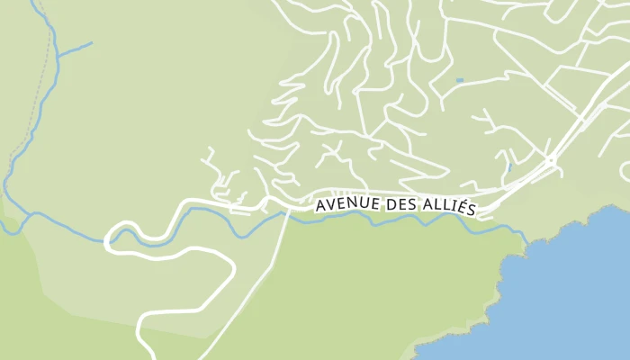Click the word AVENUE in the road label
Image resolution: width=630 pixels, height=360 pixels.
tap(346, 207)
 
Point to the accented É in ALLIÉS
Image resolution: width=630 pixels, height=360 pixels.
tap(462, 207)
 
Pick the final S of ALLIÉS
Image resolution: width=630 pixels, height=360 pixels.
tap(471, 208)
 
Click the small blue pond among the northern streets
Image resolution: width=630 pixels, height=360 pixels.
tap(459, 81)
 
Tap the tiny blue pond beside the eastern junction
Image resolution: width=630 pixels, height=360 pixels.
tap(509, 167)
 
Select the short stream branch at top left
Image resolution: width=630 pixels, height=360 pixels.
tap(76, 48)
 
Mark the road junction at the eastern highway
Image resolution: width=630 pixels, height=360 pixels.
tap(551, 160)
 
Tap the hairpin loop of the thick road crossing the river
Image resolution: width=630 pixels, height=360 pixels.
tap(112, 240)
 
